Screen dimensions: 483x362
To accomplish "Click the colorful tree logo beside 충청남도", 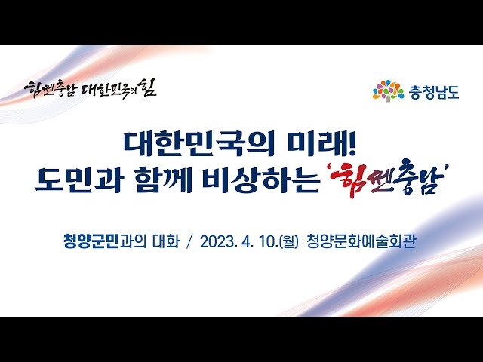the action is [388, 90].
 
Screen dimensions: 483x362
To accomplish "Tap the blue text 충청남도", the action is [434, 92].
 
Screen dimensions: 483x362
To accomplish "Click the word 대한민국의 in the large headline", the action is [198, 144].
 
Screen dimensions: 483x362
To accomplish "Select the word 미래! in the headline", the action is [321, 144].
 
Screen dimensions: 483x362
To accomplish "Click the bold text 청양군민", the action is [91, 241].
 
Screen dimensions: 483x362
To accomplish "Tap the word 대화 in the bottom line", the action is [166, 241].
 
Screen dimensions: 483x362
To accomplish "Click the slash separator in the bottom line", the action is [189, 241].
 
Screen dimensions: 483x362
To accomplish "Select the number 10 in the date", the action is [268, 241].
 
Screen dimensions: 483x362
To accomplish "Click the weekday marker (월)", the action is [288, 241].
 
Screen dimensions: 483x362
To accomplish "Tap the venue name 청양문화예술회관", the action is [361, 241].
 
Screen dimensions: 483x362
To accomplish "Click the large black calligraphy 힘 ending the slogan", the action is [148, 87].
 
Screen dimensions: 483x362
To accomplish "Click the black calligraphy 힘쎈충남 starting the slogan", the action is [49, 89].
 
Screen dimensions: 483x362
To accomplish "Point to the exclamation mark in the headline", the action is [353, 144].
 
